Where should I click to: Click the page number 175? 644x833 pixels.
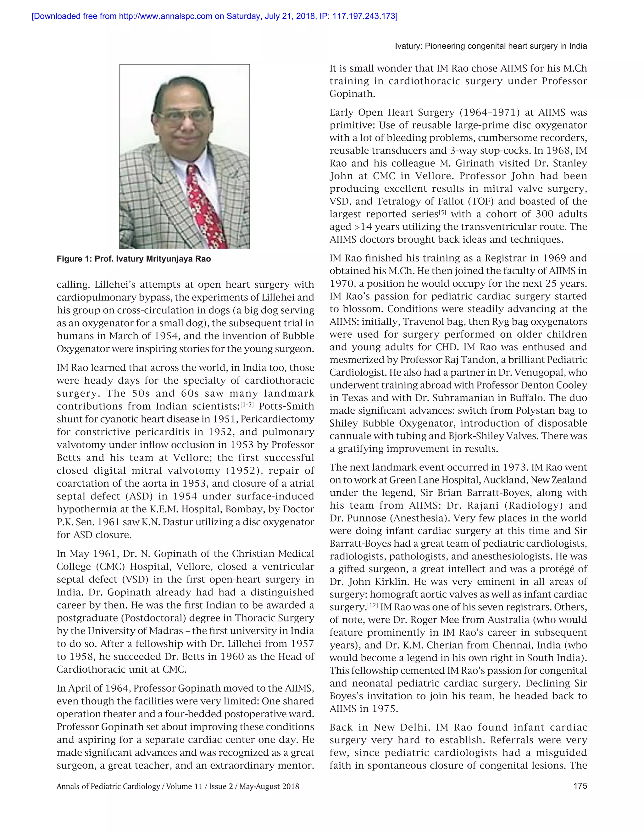(x=580, y=786)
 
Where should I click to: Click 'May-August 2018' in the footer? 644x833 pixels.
(x=269, y=786)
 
